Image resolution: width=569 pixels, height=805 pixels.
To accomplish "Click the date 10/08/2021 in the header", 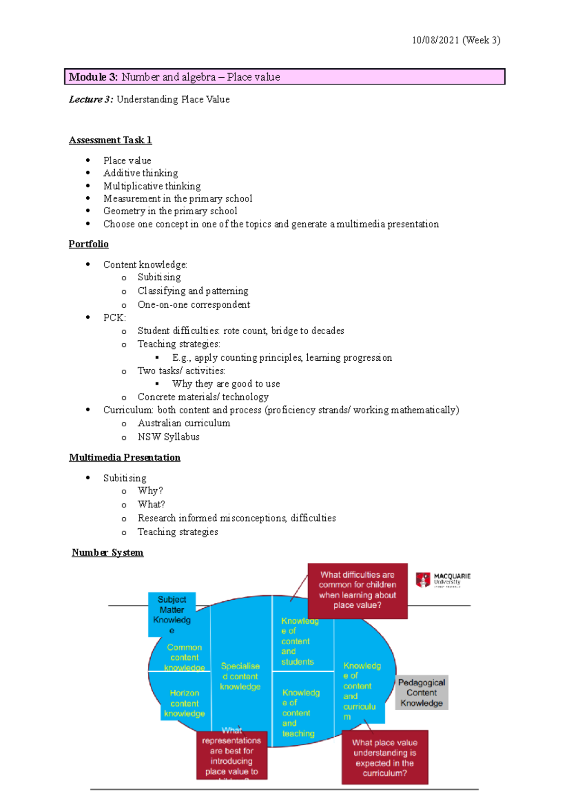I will click(435, 40).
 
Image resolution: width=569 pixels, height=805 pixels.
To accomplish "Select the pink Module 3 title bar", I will click(284, 77).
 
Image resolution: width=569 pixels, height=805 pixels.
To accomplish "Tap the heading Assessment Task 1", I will click(110, 140).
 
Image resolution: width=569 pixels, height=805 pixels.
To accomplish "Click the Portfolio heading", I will click(89, 244).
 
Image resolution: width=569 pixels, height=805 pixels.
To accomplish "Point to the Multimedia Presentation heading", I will click(125, 457).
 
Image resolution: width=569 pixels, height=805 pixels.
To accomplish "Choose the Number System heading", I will click(108, 552).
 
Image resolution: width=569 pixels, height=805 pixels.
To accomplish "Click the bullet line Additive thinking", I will click(141, 173).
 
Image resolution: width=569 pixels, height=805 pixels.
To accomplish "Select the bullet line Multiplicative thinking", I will click(152, 186).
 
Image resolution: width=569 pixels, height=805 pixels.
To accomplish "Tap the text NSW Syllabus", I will click(168, 437).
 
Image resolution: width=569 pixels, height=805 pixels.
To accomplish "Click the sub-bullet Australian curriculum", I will click(184, 423).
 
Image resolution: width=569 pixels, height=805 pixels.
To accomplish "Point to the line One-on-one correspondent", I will click(193, 304).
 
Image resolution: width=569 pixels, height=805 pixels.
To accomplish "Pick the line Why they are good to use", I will click(226, 384).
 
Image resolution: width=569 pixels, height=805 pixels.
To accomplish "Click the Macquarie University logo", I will click(443, 579).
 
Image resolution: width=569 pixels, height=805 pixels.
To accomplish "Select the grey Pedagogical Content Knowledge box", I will click(422, 693).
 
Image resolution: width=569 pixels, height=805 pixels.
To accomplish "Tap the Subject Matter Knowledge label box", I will click(172, 614).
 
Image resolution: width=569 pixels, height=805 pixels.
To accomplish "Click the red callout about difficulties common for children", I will click(358, 590).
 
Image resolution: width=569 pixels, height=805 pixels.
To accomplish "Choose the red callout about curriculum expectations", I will click(385, 758).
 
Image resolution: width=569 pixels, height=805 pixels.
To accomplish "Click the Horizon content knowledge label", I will click(184, 703).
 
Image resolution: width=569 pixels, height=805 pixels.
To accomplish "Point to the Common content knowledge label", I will click(184, 657).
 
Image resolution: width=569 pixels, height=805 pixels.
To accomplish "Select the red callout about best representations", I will click(231, 755).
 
